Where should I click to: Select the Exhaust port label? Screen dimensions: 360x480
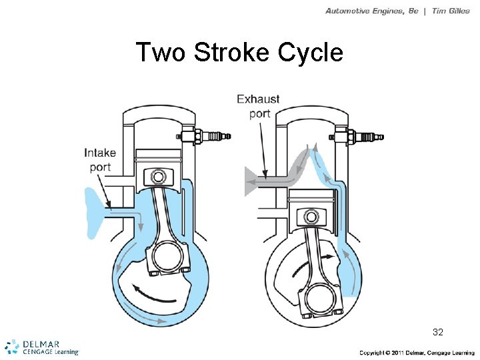259,106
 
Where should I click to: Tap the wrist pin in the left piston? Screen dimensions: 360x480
158,177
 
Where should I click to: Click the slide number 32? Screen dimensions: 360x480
438,331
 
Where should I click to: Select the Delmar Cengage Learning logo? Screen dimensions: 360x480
41,347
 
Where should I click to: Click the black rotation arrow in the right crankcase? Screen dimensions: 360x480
327,255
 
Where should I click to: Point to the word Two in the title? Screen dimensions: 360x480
161,52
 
